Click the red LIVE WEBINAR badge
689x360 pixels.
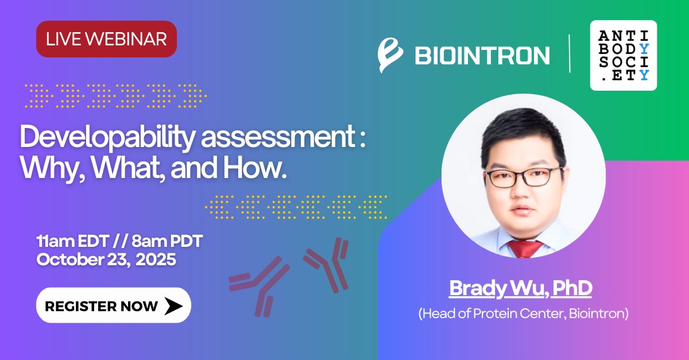106,39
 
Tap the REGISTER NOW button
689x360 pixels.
114,305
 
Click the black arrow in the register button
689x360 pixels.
173,306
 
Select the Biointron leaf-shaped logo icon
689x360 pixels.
390,55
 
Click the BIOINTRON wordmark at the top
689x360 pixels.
482,55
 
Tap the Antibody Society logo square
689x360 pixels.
624,55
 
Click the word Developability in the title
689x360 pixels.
108,137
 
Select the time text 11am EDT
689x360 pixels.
72,241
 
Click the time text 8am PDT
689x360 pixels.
167,241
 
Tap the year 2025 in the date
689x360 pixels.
156,260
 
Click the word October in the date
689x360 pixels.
70,260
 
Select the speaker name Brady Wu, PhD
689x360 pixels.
520,288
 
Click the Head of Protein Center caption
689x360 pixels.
523,313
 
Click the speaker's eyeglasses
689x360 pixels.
524,177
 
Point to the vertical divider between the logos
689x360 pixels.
570,53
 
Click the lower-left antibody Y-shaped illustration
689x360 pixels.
260,287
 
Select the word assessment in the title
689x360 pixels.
278,137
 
